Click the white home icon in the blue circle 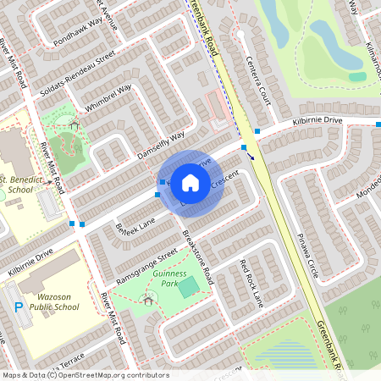pos(190,182)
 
